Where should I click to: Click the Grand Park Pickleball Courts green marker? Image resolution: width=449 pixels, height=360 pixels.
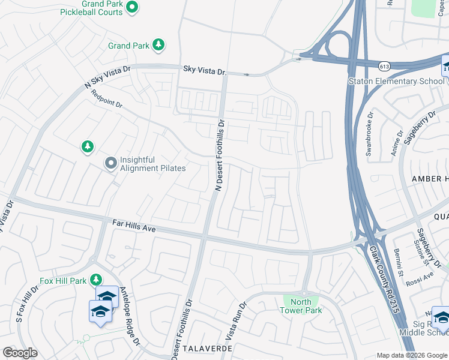(133, 7)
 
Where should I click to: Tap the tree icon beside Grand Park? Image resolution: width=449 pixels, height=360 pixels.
(158, 44)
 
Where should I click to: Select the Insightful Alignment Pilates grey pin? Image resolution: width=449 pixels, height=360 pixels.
(110, 163)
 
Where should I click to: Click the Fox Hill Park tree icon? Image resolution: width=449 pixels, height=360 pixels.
(95, 280)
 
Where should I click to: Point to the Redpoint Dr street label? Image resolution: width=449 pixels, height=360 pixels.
(107, 99)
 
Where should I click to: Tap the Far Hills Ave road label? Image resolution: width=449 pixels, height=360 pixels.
(134, 226)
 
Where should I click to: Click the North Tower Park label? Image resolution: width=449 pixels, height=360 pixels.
(301, 306)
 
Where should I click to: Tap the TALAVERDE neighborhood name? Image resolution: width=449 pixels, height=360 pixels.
(208, 348)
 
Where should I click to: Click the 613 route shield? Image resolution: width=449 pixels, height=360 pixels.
(384, 65)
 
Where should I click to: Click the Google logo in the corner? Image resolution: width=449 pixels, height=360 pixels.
(20, 353)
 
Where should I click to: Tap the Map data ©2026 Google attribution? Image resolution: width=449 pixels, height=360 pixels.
(412, 355)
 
